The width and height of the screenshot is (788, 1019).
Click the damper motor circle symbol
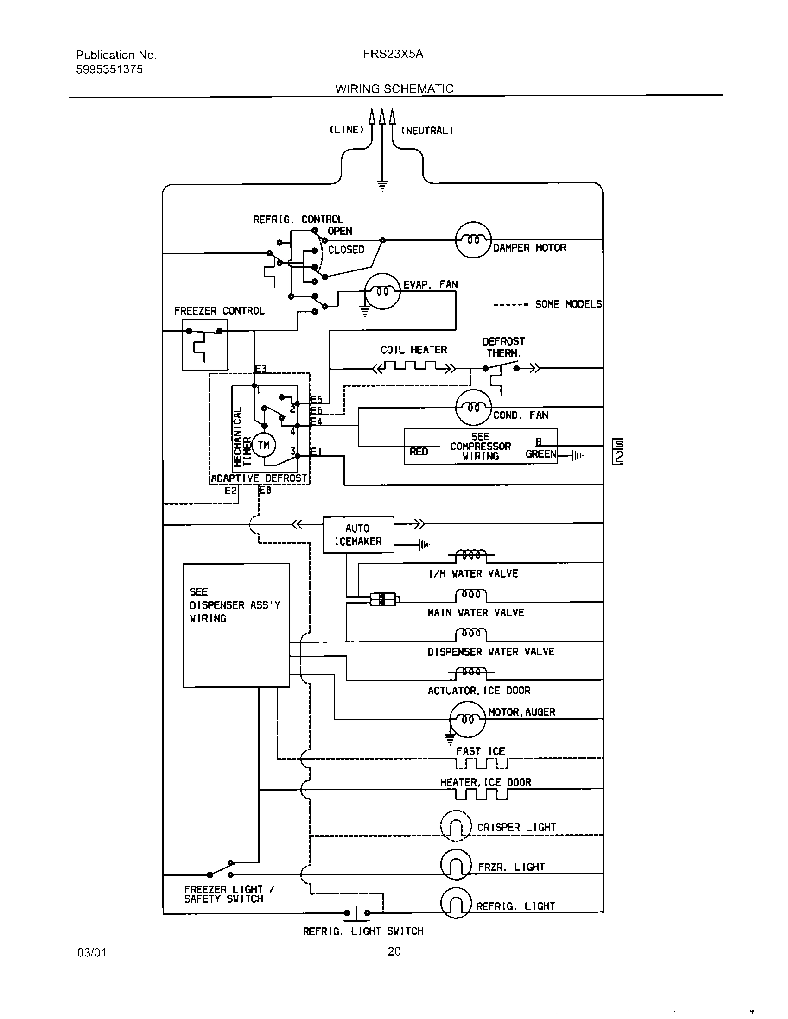(473, 240)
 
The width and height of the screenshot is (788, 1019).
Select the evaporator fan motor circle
(382, 291)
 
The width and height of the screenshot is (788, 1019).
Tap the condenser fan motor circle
(473, 407)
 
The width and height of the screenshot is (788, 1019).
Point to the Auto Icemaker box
(358, 535)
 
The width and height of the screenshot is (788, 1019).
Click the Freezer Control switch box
(204, 345)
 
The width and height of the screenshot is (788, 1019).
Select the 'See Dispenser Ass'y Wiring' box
(236, 625)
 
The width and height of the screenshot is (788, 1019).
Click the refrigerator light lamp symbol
(456, 905)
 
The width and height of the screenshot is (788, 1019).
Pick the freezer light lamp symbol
(456, 865)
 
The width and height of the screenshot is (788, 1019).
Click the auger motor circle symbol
(467, 719)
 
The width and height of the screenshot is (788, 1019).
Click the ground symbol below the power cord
(382, 186)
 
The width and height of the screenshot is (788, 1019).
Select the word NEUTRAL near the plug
(426, 131)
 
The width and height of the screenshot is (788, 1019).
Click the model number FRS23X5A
(393, 54)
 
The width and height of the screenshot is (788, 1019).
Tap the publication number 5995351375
(109, 69)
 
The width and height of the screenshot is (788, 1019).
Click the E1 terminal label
(316, 451)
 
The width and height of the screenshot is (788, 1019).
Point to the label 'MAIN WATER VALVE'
(476, 613)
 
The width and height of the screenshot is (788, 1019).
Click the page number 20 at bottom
(394, 951)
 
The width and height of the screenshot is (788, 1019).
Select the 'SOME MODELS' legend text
(568, 304)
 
